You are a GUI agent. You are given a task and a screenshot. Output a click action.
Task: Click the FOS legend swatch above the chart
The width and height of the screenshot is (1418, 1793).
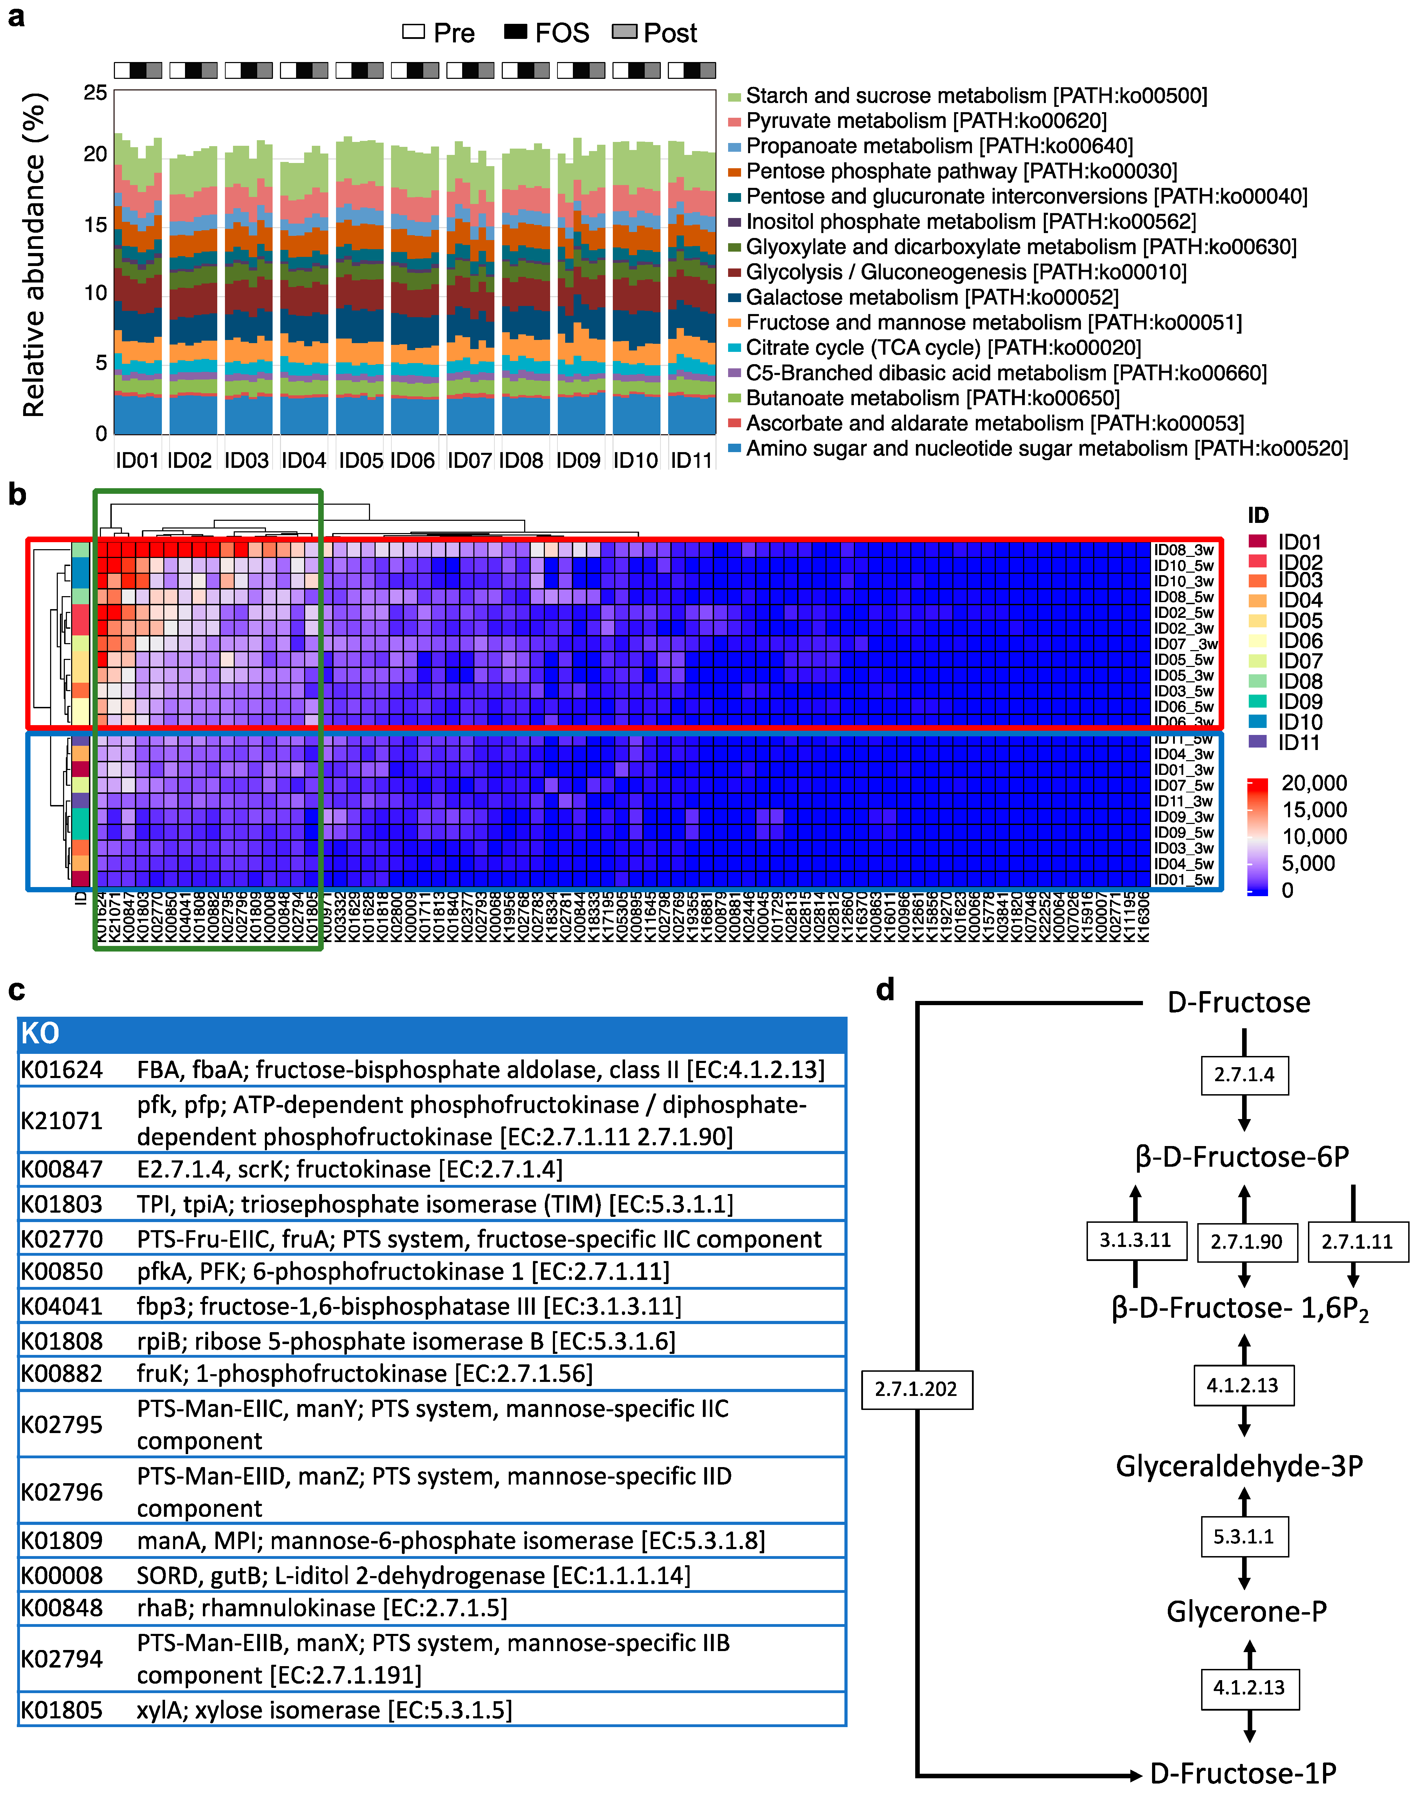[x=515, y=32]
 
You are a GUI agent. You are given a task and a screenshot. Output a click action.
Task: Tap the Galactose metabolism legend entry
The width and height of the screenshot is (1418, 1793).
[x=932, y=297]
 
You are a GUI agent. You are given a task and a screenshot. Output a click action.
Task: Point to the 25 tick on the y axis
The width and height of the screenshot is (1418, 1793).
[x=95, y=92]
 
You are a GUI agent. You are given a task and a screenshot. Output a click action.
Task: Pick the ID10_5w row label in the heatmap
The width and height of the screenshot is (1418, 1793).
[x=1183, y=566]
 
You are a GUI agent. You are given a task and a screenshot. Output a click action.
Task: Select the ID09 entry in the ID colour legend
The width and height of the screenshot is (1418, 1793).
[x=1299, y=702]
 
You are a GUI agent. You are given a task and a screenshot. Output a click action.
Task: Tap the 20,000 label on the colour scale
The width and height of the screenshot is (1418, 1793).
[x=1314, y=783]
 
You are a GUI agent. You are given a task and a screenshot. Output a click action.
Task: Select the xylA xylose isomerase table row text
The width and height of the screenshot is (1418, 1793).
[x=324, y=1710]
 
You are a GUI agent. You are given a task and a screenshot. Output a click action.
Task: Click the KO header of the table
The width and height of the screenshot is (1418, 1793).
[x=40, y=1033]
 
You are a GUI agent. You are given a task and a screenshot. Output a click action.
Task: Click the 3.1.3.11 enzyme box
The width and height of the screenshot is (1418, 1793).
[x=1135, y=1240]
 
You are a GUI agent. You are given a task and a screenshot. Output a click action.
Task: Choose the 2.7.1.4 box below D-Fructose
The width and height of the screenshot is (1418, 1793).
[x=1244, y=1075]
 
